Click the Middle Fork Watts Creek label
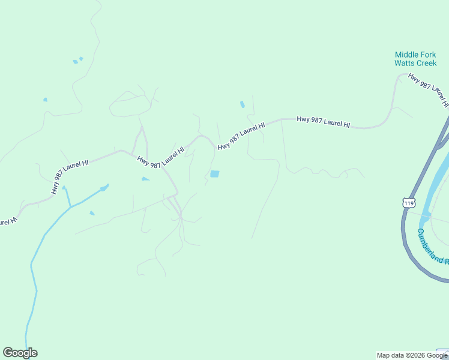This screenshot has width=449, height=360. pos(415,59)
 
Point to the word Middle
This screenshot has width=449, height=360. pos(406,55)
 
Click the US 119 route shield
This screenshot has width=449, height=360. pos(409,203)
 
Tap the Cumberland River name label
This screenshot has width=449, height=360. pos(432,247)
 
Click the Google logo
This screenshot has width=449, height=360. pos(20,353)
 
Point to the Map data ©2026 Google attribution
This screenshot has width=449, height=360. pos(412,355)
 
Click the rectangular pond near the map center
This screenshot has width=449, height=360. pos(214,174)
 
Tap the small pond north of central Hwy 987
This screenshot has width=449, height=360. pos(243,104)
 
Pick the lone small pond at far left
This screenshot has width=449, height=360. pos(45,100)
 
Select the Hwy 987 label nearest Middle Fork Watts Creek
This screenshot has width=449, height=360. pos(428,89)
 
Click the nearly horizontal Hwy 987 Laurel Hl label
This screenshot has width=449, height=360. pos(323,122)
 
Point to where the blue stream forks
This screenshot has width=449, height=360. pos(71,206)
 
